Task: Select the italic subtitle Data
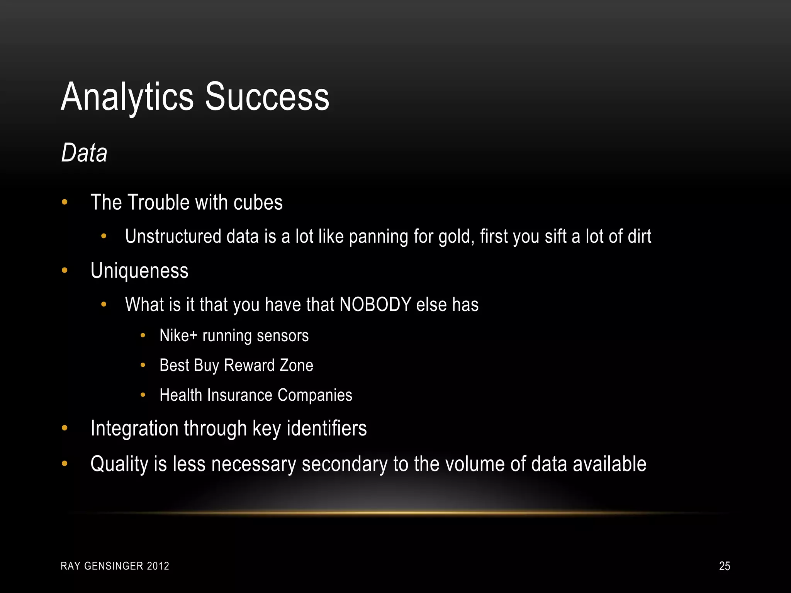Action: pos(84,153)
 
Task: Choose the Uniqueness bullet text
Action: pos(139,270)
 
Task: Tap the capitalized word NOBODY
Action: pos(375,304)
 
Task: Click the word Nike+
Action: pos(178,335)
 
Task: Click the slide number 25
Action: pos(725,566)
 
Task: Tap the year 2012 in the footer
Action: pos(158,566)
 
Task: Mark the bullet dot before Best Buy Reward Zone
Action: pos(143,365)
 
